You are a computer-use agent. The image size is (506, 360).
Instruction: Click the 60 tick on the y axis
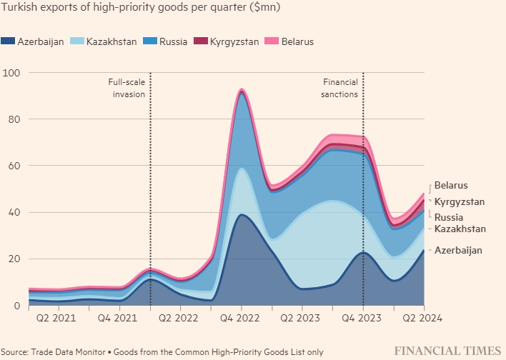[14, 166]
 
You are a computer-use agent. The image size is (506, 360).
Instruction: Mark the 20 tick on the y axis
[14, 259]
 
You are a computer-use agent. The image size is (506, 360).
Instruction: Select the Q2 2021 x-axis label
[54, 317]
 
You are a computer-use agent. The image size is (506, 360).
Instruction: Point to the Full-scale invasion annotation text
[126, 88]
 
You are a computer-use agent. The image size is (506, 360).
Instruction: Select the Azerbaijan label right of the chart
[458, 250]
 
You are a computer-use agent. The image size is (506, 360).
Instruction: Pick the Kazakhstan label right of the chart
[460, 229]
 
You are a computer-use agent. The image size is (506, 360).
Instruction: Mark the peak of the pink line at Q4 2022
[242, 89]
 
